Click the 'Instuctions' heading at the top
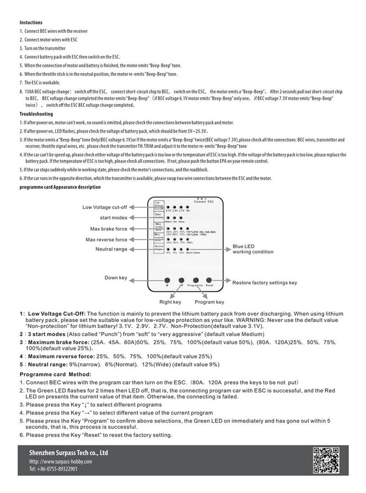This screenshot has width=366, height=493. pos(31,22)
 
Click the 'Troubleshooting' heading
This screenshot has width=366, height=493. pos(36,114)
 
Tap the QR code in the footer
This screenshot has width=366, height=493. pos(327,460)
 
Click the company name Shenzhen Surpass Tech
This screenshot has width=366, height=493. pos(69,453)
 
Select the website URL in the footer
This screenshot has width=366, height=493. pos(60,461)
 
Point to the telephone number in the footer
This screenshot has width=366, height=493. pos(53,469)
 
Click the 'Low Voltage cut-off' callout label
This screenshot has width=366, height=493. pos(105,207)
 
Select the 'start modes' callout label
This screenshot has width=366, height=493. pos(113,218)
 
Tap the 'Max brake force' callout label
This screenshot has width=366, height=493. pos(108,229)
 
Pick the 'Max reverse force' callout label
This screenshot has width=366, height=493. pos(106,240)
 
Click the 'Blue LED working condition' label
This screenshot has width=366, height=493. pos(253,249)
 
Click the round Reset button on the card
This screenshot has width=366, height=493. pos(209,280)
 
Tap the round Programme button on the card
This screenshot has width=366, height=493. pos(195,280)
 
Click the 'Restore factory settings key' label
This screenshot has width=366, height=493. pos(264,283)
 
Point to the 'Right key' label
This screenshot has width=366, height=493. pos(170,302)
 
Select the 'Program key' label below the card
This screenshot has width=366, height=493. pos(210,302)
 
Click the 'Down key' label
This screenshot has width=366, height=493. pos(116,278)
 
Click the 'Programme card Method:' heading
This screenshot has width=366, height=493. pos(55,374)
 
